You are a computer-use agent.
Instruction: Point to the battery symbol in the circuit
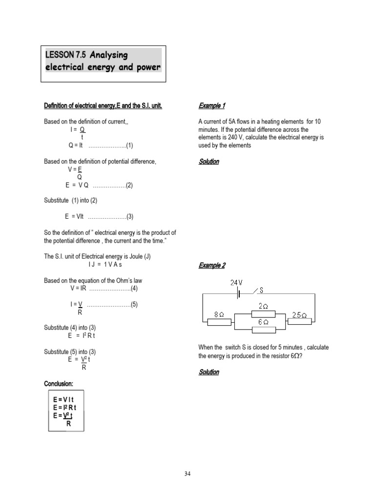point(239,294)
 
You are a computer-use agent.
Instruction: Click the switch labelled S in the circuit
point(257,292)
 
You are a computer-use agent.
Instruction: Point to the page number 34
point(187,473)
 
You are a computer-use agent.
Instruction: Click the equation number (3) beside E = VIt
point(129,216)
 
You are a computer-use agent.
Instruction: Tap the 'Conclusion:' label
point(59,383)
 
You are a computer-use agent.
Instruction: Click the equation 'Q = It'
point(76,145)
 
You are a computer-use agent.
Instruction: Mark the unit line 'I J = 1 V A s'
point(105,264)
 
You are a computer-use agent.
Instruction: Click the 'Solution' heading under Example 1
point(209,162)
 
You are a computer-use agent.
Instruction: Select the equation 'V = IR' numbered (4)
point(78,288)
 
